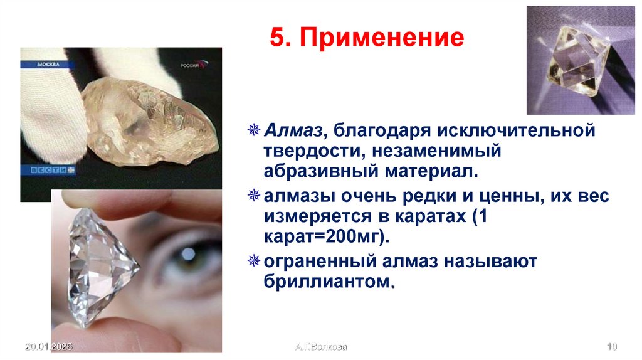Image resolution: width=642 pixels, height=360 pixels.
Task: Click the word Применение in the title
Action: (x=382, y=38)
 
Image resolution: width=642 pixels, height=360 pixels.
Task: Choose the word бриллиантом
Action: (x=328, y=280)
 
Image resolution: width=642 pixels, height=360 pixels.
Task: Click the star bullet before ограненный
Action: (x=254, y=260)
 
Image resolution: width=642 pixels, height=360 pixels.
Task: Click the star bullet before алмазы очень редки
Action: (x=254, y=198)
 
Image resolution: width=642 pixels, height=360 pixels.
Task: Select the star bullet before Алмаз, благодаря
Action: (x=254, y=132)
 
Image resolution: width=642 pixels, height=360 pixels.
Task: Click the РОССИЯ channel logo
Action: (x=194, y=65)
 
